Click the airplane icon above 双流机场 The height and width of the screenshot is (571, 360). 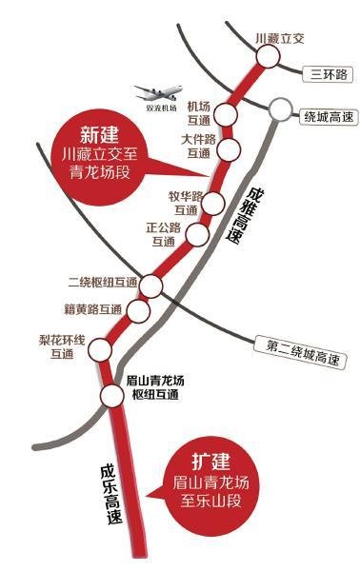(x=158, y=92)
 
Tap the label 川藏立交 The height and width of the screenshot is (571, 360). (x=279, y=38)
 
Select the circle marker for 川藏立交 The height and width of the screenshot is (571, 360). (x=268, y=57)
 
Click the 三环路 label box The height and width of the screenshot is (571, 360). (x=323, y=74)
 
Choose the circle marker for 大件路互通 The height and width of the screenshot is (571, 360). (x=229, y=148)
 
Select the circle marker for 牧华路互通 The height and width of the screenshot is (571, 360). (x=214, y=204)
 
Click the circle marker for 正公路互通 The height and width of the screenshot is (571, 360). (x=196, y=235)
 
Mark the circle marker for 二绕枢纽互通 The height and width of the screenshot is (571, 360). (x=153, y=285)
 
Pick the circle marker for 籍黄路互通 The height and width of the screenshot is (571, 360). (x=139, y=310)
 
